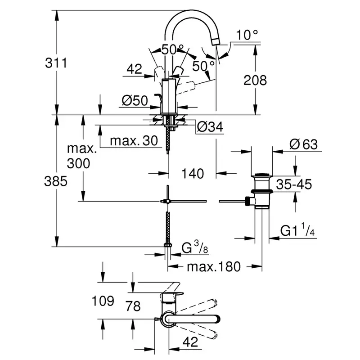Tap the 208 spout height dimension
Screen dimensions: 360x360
pyautogui.click(x=255, y=81)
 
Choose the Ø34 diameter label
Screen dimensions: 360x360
pyautogui.click(x=210, y=127)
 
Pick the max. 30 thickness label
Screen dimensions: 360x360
pyautogui.click(x=134, y=141)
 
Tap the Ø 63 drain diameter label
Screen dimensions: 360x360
pyautogui.click(x=304, y=144)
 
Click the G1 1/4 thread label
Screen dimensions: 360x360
pyautogui.click(x=297, y=230)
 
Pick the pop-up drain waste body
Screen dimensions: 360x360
pyautogui.click(x=261, y=191)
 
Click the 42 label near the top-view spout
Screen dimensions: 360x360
pyautogui.click(x=191, y=342)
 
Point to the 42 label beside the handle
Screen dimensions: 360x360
pyautogui.click(x=134, y=69)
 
